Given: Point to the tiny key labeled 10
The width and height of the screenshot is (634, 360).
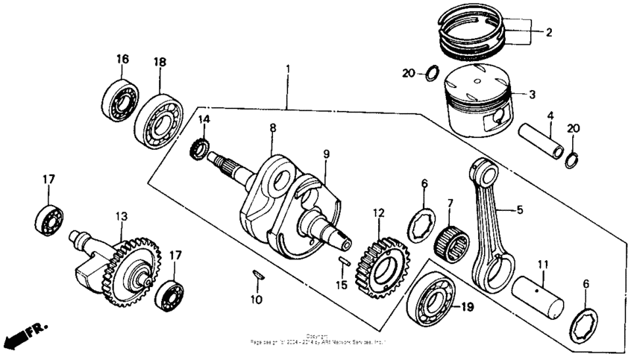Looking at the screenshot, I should (x=257, y=274).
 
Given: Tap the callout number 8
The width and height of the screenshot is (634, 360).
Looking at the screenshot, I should (x=272, y=128).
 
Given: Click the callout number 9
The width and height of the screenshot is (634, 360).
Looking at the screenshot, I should (x=325, y=154).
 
